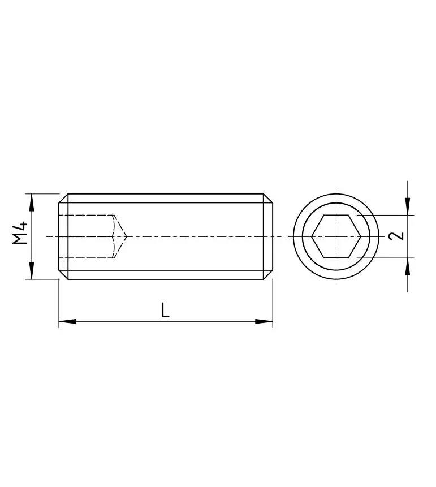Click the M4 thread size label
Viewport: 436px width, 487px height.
click(x=20, y=232)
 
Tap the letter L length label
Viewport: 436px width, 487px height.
click(x=165, y=310)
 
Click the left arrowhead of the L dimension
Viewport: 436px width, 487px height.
click(x=67, y=321)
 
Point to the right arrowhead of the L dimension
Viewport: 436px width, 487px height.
click(x=264, y=321)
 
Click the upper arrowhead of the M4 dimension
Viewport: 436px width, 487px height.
click(x=32, y=202)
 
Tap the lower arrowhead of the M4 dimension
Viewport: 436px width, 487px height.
click(x=32, y=270)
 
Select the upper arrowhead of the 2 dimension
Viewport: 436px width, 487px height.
click(x=408, y=206)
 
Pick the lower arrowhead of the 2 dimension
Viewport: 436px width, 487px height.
click(x=408, y=266)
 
